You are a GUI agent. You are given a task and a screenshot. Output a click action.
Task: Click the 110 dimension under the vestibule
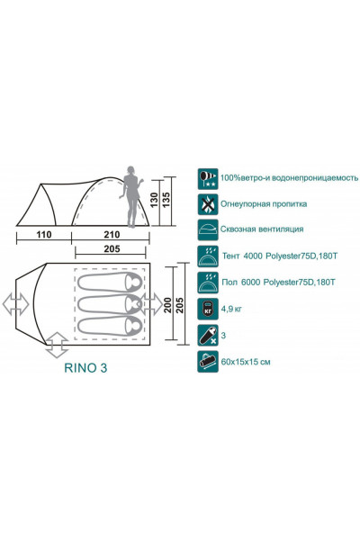[x=44, y=235]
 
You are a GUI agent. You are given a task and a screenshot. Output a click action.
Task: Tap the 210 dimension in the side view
[x=112, y=235]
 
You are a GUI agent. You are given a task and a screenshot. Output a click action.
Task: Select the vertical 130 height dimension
[x=154, y=200]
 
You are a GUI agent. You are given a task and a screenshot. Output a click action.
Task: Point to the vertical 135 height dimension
[x=166, y=200]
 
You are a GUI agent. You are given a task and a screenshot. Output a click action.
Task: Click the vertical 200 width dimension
[x=167, y=305]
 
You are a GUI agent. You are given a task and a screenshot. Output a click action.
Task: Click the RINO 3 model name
[x=85, y=368]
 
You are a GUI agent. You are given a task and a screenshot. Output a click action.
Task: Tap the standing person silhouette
[x=130, y=197]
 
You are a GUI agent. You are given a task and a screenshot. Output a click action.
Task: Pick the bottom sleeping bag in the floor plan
[x=110, y=326]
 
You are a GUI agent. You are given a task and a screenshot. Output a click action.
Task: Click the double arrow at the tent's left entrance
[x=16, y=304]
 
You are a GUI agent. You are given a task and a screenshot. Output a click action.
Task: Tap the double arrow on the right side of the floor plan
[x=151, y=304]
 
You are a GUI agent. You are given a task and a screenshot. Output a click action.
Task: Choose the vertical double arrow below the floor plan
[x=57, y=345]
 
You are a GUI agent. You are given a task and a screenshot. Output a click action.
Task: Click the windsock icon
[x=208, y=179]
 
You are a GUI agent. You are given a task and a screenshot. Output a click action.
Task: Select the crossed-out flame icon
[x=208, y=204]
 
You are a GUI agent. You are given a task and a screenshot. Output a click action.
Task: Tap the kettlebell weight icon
[x=208, y=309]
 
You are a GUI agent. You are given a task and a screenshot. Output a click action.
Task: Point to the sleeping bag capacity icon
[x=208, y=336]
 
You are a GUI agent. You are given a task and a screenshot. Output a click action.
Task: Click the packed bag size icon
[x=208, y=362]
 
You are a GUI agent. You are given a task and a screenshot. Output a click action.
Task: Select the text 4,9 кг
[x=231, y=309]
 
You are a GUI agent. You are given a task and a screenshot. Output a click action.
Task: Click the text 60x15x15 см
[x=246, y=362]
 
